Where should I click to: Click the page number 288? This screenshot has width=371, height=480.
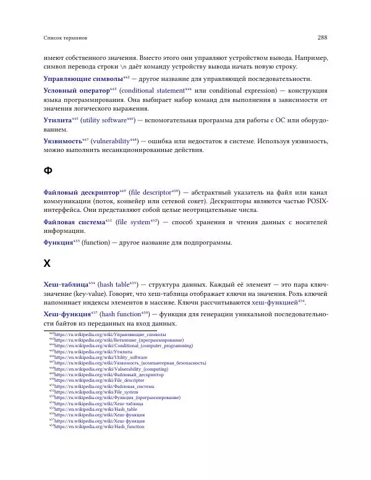click(322, 36)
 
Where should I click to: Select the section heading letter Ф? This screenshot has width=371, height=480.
click(48, 170)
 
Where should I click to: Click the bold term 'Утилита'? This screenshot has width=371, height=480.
click(57, 119)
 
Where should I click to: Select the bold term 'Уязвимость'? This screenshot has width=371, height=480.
click(62, 141)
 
